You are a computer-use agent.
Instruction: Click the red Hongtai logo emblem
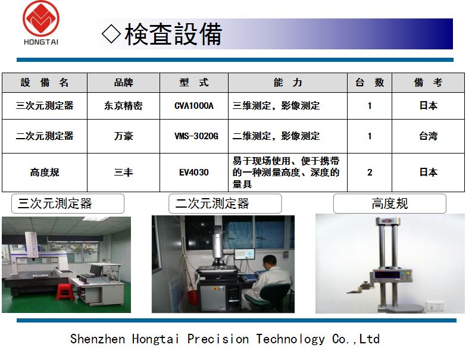coord(41,18)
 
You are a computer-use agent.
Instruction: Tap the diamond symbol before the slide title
coord(111,34)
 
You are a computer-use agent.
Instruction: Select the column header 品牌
coord(123,83)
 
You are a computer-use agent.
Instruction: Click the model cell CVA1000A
coord(194,106)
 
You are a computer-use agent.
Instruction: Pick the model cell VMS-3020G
coord(196,136)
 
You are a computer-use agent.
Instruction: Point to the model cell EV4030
coord(194,173)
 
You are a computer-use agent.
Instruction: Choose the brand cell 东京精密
coord(123,106)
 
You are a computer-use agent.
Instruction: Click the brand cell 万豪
coord(123,136)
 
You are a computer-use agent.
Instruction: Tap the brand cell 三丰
coord(123,173)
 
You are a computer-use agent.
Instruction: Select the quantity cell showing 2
coord(370,173)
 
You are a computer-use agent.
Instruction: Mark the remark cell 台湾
coord(429,136)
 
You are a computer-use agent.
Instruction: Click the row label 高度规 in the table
coord(45,173)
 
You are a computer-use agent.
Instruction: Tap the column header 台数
coord(370,83)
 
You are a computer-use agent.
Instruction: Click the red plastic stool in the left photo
coord(65,292)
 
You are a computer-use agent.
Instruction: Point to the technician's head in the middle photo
coord(270,262)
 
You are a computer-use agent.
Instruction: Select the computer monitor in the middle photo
coord(245,255)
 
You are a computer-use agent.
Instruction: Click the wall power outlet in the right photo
coord(435,307)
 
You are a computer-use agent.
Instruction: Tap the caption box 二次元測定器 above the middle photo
coord(225,204)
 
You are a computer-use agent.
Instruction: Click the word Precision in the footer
coord(218,339)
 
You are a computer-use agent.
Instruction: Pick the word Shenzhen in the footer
coord(98,339)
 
